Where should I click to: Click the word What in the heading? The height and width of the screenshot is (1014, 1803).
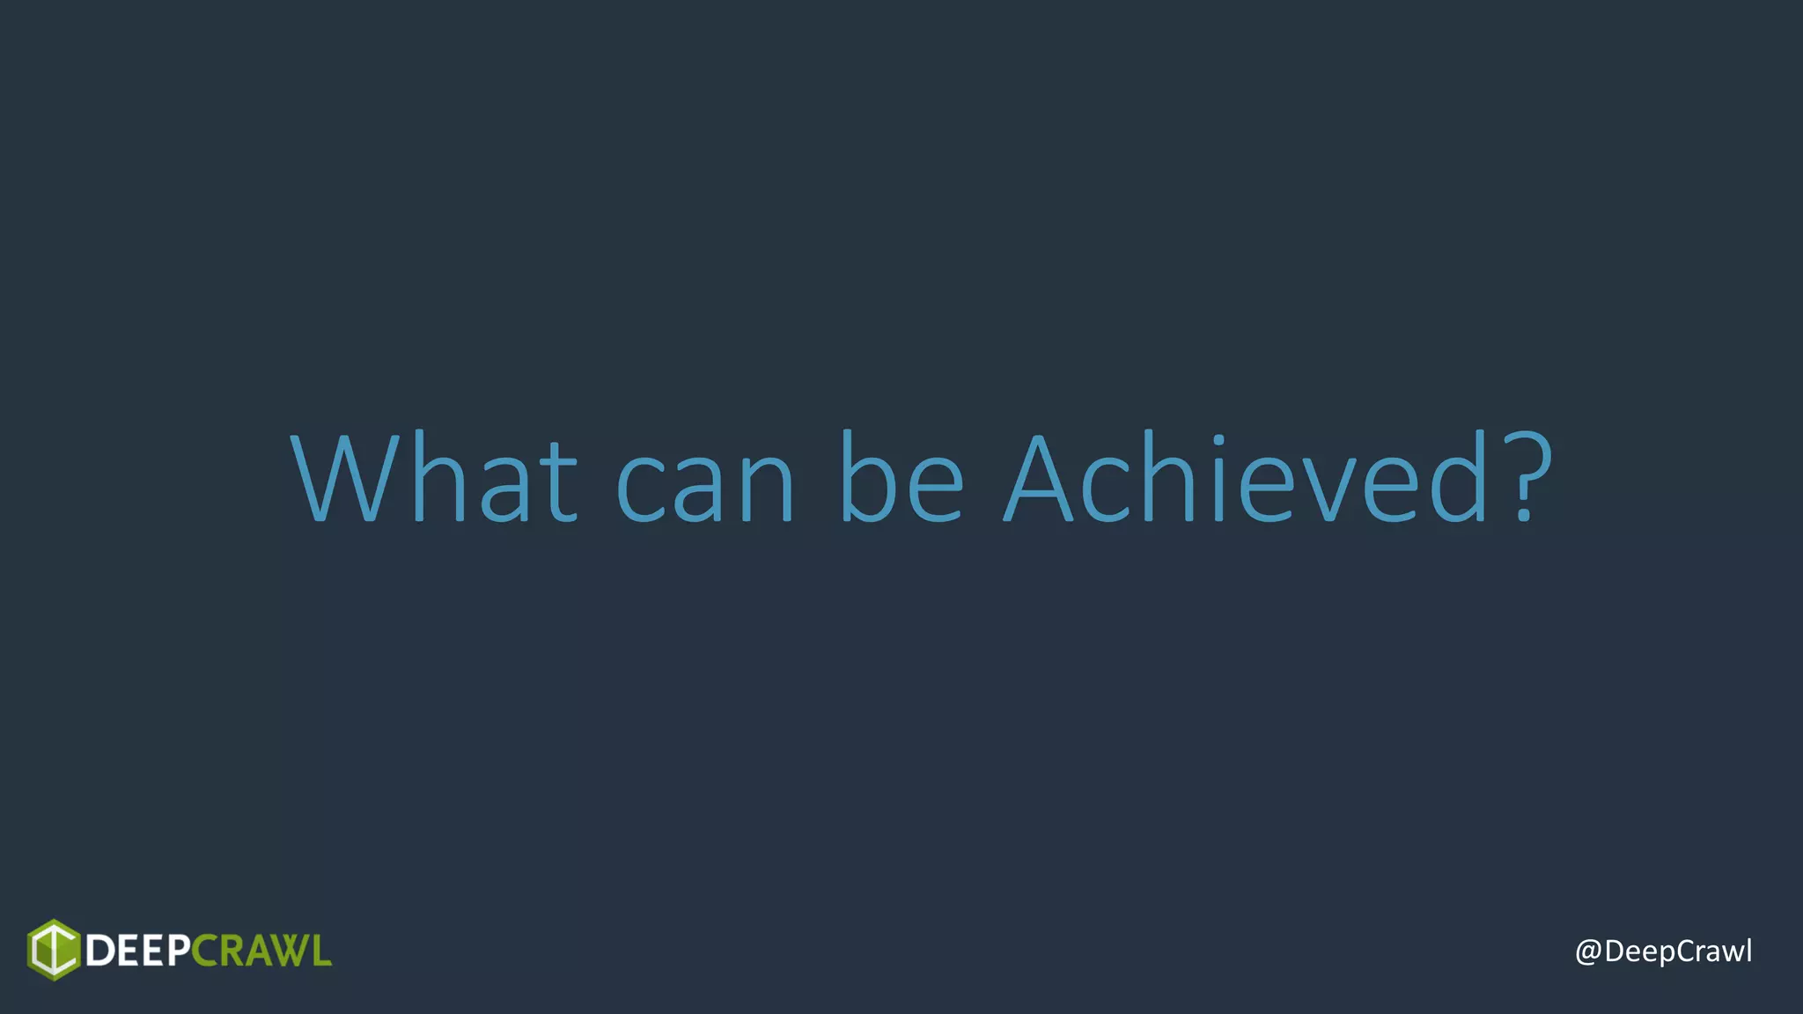click(x=433, y=478)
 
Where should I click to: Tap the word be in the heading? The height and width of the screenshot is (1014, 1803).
click(x=901, y=478)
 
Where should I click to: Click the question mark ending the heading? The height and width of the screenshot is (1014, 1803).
click(x=1525, y=478)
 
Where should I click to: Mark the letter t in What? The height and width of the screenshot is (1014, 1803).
click(x=557, y=481)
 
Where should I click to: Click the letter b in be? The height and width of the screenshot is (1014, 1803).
click(x=866, y=478)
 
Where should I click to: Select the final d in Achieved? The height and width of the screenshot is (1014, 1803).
click(x=1458, y=478)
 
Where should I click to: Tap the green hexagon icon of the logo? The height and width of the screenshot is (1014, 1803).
click(x=54, y=950)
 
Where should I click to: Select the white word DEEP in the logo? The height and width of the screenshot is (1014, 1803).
click(x=136, y=952)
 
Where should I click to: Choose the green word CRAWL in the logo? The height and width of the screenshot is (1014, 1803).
click(x=261, y=952)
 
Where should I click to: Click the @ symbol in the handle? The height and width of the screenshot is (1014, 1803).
click(x=1588, y=952)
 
